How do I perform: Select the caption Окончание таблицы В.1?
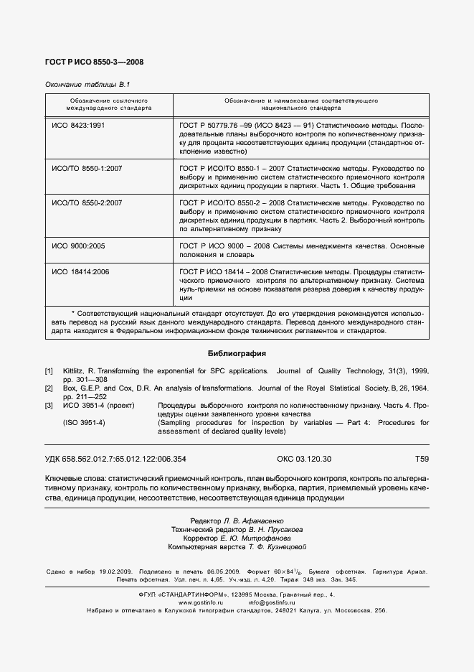coord(87,84)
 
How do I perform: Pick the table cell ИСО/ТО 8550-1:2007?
coord(87,168)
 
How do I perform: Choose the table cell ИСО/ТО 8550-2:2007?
coord(87,204)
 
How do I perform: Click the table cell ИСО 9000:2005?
coord(79,246)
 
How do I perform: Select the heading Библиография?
coord(237,353)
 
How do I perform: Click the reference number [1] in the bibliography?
coord(49,371)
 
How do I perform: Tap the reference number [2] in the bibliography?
coord(49,388)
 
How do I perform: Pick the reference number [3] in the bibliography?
coord(49,406)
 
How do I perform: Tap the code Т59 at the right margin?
coord(422,459)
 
